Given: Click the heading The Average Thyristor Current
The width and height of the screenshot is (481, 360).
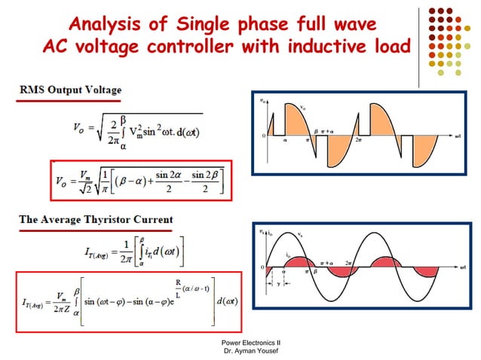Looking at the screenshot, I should coord(96,220).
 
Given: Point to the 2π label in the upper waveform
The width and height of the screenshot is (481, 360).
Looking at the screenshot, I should coord(358,141).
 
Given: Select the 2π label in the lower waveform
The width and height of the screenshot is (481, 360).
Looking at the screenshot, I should coord(349,262).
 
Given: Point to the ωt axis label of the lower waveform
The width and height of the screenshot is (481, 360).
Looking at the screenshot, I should coord(461,268).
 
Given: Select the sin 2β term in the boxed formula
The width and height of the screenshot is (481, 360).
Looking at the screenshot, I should coord(198,176).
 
